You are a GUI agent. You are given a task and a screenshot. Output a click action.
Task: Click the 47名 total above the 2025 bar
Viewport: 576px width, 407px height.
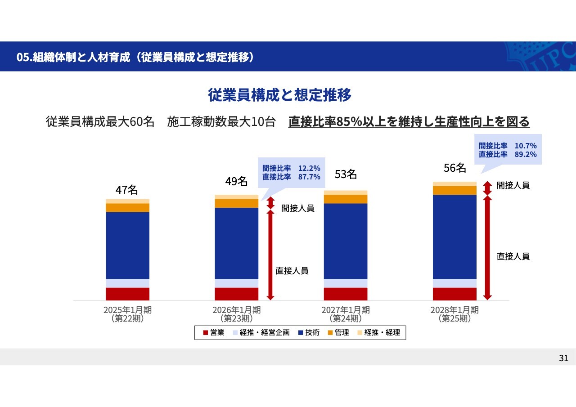[126, 190]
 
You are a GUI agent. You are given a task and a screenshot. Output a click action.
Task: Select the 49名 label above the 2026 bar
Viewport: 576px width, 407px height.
[236, 182]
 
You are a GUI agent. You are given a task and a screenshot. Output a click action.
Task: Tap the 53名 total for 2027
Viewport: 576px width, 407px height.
[346, 174]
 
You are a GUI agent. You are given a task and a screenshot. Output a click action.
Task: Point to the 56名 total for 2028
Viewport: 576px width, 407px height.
[454, 168]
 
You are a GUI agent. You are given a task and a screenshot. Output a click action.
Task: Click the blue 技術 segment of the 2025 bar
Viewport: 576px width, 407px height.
[127, 245]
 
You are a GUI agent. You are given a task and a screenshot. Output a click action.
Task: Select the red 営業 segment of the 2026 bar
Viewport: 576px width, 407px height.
[236, 294]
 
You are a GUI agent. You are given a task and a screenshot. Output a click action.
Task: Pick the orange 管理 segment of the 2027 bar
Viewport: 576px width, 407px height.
[346, 199]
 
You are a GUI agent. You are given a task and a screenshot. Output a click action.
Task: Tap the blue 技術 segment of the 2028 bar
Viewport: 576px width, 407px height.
[454, 237]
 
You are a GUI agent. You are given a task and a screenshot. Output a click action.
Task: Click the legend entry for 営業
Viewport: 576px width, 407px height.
[214, 333]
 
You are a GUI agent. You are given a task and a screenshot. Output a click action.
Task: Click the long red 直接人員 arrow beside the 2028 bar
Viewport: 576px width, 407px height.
[487, 247]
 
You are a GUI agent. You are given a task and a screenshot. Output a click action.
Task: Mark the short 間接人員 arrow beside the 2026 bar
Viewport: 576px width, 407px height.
[270, 202]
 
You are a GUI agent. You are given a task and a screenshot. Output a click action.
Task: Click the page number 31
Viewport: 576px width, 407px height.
[563, 358]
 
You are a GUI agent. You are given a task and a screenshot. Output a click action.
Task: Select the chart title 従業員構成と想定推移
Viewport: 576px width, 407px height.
[279, 95]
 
